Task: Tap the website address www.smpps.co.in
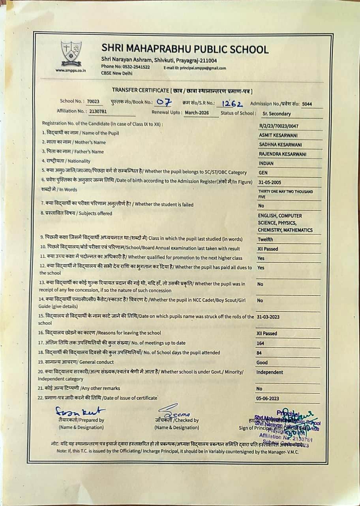[x=71, y=71]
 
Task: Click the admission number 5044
[x=307, y=104]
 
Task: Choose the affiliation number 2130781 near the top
[x=98, y=111]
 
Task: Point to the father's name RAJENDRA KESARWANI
[x=283, y=154]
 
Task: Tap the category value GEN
[x=263, y=173]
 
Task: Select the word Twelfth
[x=265, y=239]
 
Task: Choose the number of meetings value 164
[x=261, y=343]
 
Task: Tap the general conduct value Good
[x=262, y=363]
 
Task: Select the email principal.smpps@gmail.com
[x=195, y=68]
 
